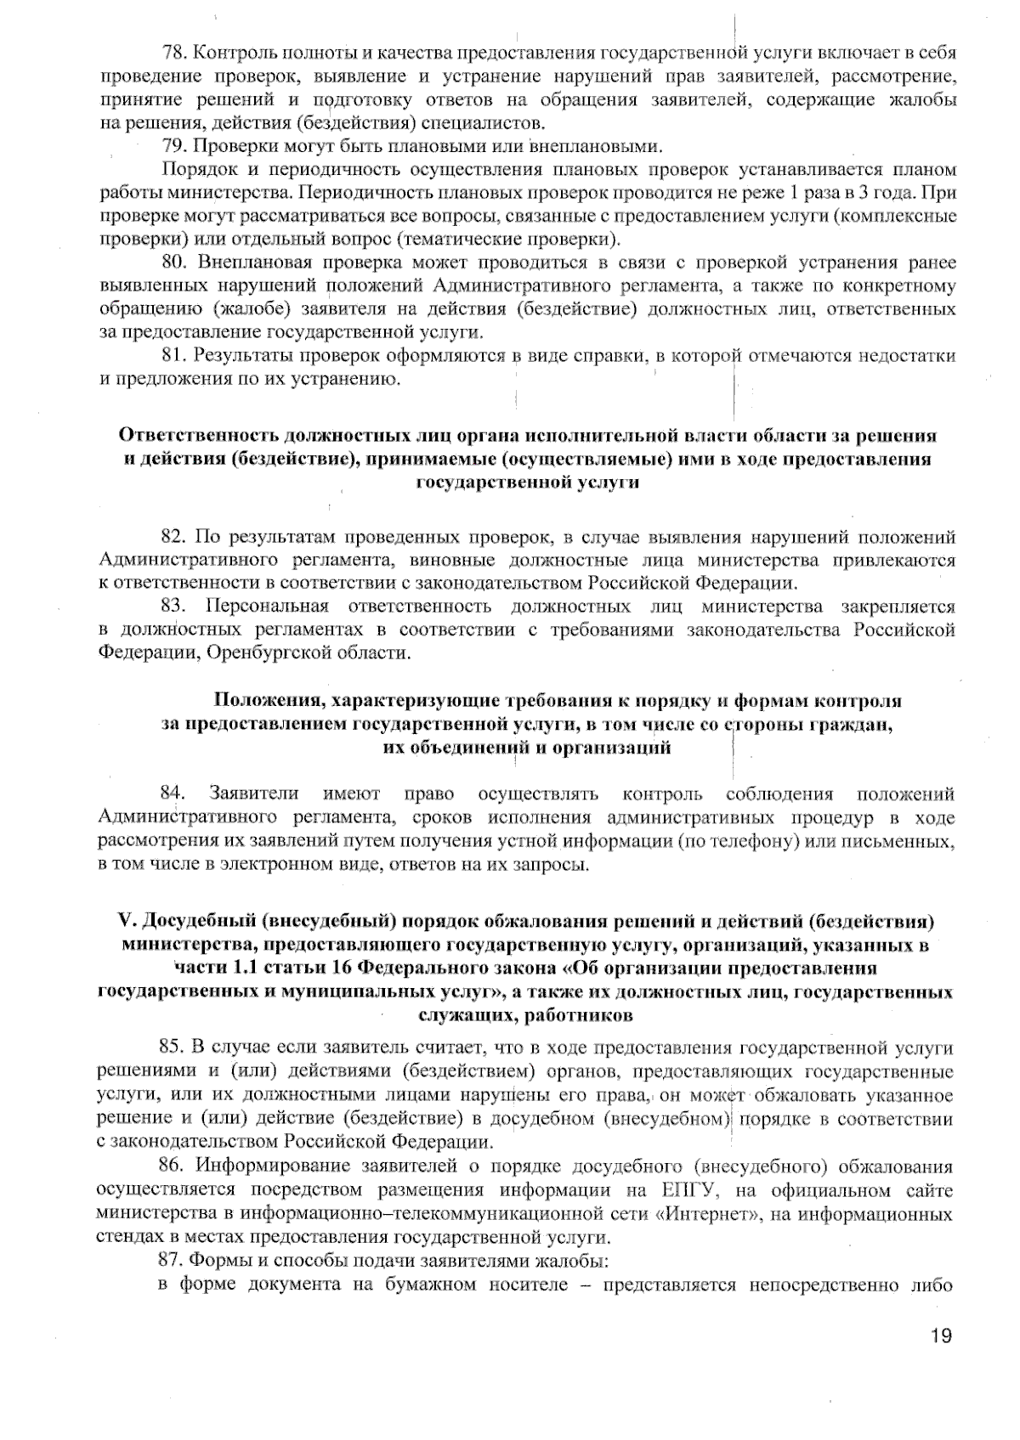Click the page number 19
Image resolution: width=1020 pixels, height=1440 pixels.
(940, 1336)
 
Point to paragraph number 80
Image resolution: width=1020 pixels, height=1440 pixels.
(173, 261)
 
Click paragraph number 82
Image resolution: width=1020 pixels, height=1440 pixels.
(173, 537)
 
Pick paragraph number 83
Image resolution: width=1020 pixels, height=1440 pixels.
(173, 607)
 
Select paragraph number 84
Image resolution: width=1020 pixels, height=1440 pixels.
(173, 794)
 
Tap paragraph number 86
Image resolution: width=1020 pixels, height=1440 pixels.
(173, 1166)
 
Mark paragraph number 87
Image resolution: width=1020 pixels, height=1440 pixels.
(173, 1260)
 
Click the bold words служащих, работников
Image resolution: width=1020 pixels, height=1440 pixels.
(524, 1014)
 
